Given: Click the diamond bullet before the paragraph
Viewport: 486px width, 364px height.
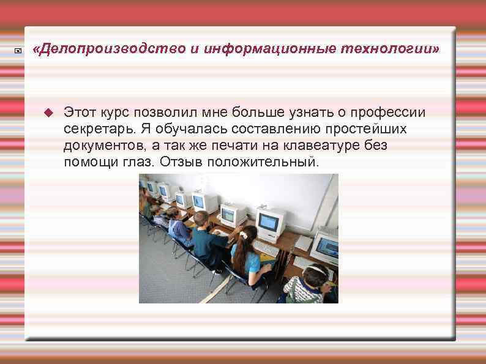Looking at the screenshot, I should click(x=50, y=113).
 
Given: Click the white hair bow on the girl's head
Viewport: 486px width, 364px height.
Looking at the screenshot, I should click(x=244, y=234).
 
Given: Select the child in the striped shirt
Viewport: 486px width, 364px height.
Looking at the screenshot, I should click(x=304, y=288).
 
